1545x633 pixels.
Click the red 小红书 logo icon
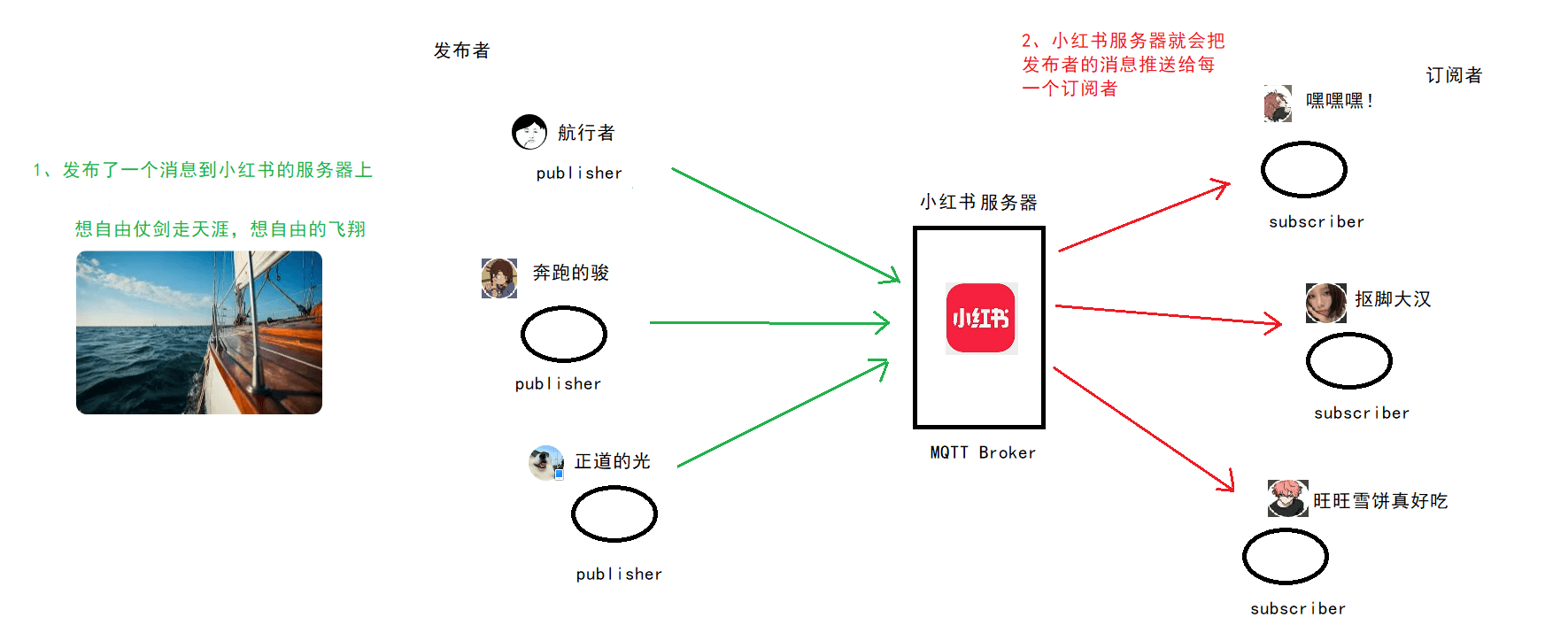click(x=981, y=319)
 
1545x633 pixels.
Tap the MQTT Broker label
click(x=982, y=452)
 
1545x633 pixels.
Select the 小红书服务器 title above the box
click(x=978, y=203)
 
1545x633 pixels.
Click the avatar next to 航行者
click(x=529, y=132)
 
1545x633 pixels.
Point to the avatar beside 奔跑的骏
click(x=499, y=278)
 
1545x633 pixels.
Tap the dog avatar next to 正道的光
click(x=546, y=462)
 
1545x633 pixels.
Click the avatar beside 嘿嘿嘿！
click(x=1278, y=104)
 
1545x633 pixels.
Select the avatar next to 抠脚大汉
click(x=1325, y=303)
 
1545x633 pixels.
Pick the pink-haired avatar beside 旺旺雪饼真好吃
click(x=1287, y=498)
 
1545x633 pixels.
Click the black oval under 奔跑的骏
click(x=564, y=334)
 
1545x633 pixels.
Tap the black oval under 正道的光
click(x=614, y=514)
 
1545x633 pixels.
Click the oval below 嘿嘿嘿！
click(x=1304, y=169)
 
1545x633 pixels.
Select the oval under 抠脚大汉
click(x=1349, y=360)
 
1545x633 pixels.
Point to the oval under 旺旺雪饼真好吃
click(x=1286, y=556)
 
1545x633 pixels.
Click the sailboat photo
click(x=199, y=333)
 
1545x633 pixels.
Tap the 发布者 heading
click(x=461, y=50)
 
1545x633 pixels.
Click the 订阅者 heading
click(x=1454, y=75)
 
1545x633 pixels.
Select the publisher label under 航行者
click(x=579, y=174)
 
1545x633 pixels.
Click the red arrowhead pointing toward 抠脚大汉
click(x=1274, y=323)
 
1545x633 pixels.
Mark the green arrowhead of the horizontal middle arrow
click(x=883, y=323)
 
